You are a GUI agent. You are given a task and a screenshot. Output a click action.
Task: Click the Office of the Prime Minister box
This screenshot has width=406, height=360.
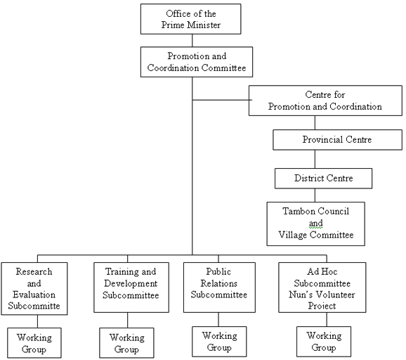coord(191,19)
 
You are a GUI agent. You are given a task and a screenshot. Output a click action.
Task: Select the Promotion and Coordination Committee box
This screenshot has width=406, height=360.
coord(197,62)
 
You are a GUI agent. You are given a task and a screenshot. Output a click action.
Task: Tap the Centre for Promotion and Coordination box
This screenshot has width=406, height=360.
coord(325,101)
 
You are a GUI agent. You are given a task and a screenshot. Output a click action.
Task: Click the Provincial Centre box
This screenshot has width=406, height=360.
coord(337,140)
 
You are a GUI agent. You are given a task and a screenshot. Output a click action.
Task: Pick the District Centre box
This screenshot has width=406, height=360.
coord(323,179)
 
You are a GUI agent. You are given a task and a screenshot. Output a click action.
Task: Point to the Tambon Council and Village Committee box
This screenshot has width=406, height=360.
coord(316,224)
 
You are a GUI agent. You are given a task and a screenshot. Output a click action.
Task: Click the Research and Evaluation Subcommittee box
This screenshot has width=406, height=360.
coord(34,289)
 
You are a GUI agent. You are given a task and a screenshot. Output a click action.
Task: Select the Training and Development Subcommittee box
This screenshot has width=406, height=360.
coord(131,288)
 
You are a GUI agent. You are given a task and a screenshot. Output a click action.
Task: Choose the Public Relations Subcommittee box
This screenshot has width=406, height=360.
coord(219,288)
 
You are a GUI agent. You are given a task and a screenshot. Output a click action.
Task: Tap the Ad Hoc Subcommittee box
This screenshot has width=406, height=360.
coord(322,288)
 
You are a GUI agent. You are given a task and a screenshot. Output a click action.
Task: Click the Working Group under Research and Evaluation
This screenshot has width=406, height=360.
coord(34,343)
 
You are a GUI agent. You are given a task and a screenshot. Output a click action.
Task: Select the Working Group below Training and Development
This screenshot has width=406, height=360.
coord(126,343)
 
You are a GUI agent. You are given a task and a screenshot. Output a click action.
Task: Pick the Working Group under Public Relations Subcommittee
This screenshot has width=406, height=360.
coord(219,342)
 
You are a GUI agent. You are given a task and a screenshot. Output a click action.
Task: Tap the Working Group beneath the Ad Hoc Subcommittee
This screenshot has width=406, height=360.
coord(324,342)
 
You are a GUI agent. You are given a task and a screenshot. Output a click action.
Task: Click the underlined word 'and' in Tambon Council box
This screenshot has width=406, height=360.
coord(316,223)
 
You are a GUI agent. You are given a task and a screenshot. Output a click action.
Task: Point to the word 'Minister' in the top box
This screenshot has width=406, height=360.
coord(204,25)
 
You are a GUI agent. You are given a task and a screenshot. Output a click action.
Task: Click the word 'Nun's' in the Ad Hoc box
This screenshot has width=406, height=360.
coord(301,295)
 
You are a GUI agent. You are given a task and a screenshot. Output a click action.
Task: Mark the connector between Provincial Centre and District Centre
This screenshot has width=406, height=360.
coord(315,159)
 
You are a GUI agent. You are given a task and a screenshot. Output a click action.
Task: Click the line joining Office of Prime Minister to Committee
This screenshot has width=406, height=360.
coord(192,41)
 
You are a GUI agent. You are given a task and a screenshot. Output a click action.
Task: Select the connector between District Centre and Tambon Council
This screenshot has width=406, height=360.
coord(315,195)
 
